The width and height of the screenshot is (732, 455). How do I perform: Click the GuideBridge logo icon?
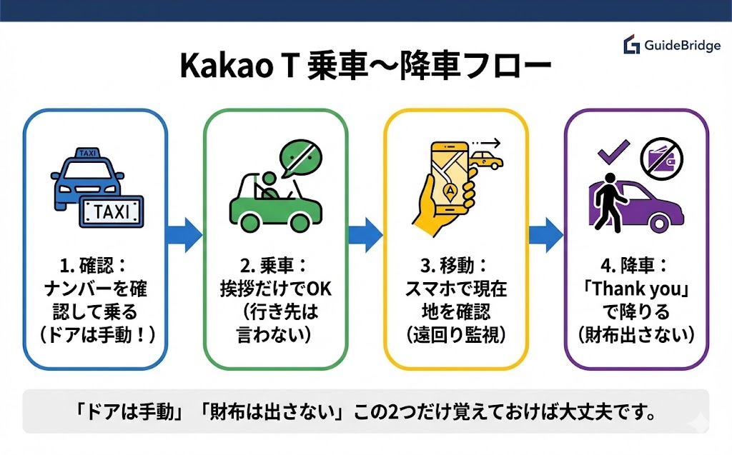click(x=631, y=44)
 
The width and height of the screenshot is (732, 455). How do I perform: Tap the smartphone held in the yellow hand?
click(x=450, y=175)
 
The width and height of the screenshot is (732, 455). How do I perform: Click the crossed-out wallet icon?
click(x=661, y=158)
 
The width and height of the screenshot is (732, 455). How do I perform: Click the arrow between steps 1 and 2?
click(x=184, y=234)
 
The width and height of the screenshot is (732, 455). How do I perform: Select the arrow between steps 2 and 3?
click(x=365, y=234)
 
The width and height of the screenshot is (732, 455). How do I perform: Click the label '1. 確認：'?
click(x=93, y=266)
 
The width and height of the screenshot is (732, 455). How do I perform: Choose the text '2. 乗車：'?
click(x=274, y=266)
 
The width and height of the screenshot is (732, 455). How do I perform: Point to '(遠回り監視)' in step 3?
click(x=455, y=335)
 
